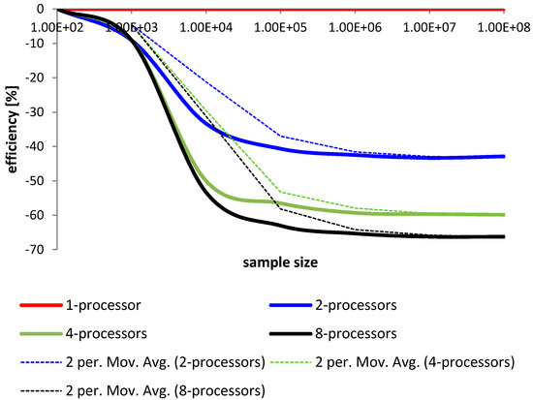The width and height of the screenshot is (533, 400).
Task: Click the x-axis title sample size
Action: (282, 262)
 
